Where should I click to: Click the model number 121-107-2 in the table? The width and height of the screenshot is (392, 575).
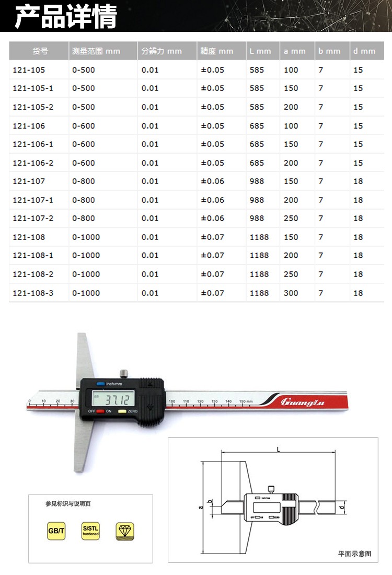click(32, 218)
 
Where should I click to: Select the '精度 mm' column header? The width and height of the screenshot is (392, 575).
click(216, 51)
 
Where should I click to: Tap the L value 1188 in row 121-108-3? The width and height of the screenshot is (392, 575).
click(259, 293)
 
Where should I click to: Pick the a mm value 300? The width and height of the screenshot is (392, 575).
click(291, 293)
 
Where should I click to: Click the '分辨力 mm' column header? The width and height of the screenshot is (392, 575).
click(161, 51)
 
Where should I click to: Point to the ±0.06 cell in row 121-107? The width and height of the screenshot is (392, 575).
click(212, 181)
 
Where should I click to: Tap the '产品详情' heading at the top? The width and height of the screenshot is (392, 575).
click(65, 17)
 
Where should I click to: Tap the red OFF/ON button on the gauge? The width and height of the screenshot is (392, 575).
click(100, 412)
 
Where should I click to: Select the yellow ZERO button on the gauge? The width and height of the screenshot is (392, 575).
click(122, 412)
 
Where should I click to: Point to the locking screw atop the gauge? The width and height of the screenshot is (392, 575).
click(123, 373)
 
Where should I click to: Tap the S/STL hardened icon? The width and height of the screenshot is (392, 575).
click(90, 532)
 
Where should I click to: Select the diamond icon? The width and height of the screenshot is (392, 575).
click(125, 532)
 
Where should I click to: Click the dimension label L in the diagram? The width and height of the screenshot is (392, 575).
click(278, 449)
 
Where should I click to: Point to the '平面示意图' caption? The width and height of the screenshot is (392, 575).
click(354, 554)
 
